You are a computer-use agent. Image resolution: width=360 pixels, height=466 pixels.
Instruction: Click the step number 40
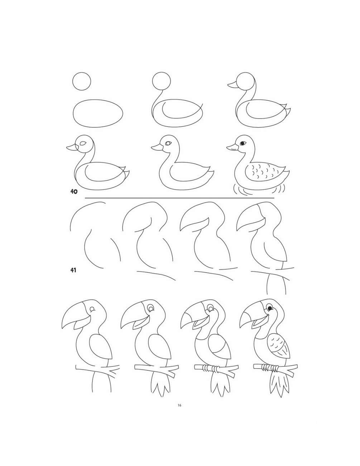74,192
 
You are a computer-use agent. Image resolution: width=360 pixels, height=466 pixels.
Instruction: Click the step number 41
73,270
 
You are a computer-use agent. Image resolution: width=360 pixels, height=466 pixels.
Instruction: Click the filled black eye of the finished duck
242,143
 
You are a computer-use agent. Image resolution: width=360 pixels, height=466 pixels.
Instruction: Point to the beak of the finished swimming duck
232,147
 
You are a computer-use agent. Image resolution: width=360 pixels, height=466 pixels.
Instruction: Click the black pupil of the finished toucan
270,308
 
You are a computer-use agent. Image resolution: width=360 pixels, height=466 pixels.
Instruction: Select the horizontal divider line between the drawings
179,198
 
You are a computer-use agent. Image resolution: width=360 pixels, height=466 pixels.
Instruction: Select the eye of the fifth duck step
168,143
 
